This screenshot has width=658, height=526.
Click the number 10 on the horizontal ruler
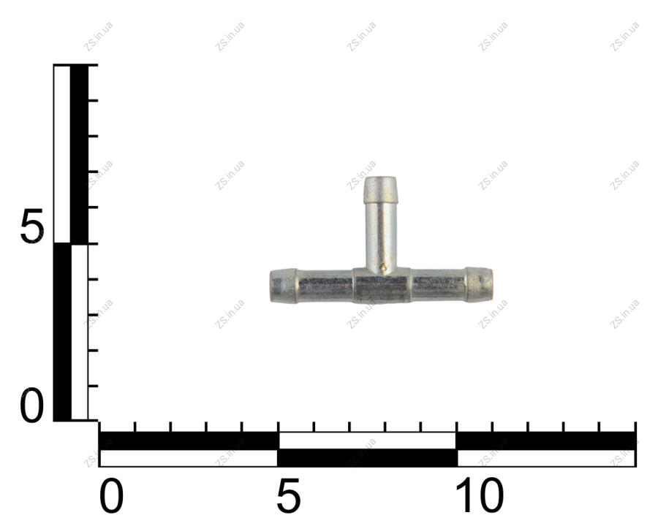pos(479,496)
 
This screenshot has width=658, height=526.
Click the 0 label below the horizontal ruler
pos(112,496)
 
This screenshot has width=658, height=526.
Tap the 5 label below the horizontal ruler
pos(288,495)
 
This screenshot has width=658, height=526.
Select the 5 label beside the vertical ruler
pos(32,226)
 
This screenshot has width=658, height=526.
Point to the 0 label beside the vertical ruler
pos(32,405)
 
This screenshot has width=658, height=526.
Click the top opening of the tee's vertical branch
pos(380,179)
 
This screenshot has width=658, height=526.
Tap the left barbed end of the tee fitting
pos(283,285)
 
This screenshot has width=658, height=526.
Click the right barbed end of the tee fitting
pos(479,284)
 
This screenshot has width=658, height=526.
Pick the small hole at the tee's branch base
pos(382,266)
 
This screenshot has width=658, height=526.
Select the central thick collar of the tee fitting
pos(382,285)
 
